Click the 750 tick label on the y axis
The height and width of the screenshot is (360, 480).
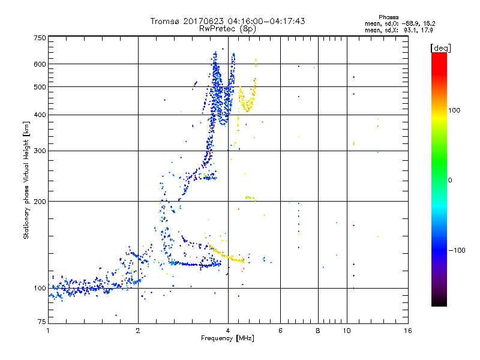(x=40, y=38)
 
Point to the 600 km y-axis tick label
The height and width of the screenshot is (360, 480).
(x=40, y=64)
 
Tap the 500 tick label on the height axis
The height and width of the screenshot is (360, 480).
(x=40, y=87)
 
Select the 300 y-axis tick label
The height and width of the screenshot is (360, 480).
(x=40, y=151)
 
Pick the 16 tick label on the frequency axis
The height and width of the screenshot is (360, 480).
(x=408, y=331)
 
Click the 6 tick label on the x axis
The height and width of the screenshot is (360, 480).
(x=280, y=331)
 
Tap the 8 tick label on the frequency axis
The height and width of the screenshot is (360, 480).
(x=318, y=331)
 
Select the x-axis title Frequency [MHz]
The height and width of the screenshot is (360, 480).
(x=227, y=338)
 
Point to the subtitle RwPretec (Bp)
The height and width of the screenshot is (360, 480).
(x=228, y=28)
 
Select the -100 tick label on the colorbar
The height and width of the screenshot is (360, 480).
(x=458, y=250)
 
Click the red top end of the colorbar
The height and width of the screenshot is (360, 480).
(x=439, y=55)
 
